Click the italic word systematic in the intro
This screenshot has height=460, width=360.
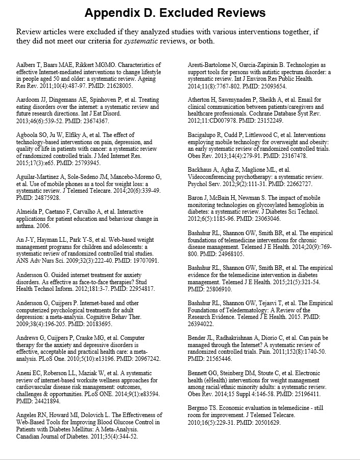pos(141,41)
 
